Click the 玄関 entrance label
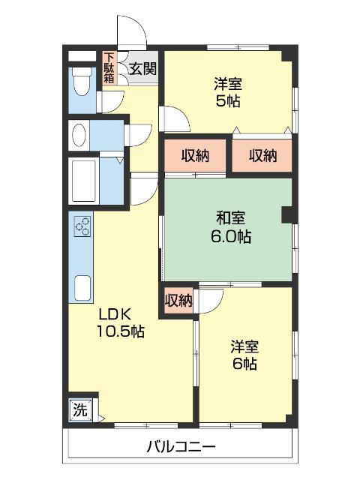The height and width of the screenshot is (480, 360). [142, 69]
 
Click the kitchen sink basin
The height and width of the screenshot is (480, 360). [82, 287]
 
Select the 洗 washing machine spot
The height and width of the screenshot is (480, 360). [79, 409]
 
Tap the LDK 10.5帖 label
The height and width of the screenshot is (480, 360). [120, 320]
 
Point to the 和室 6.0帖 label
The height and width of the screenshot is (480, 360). [229, 227]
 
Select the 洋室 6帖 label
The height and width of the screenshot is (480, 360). [244, 355]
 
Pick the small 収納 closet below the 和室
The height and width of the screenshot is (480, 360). [178, 300]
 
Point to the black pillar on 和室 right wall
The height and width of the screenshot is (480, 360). [286, 215]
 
